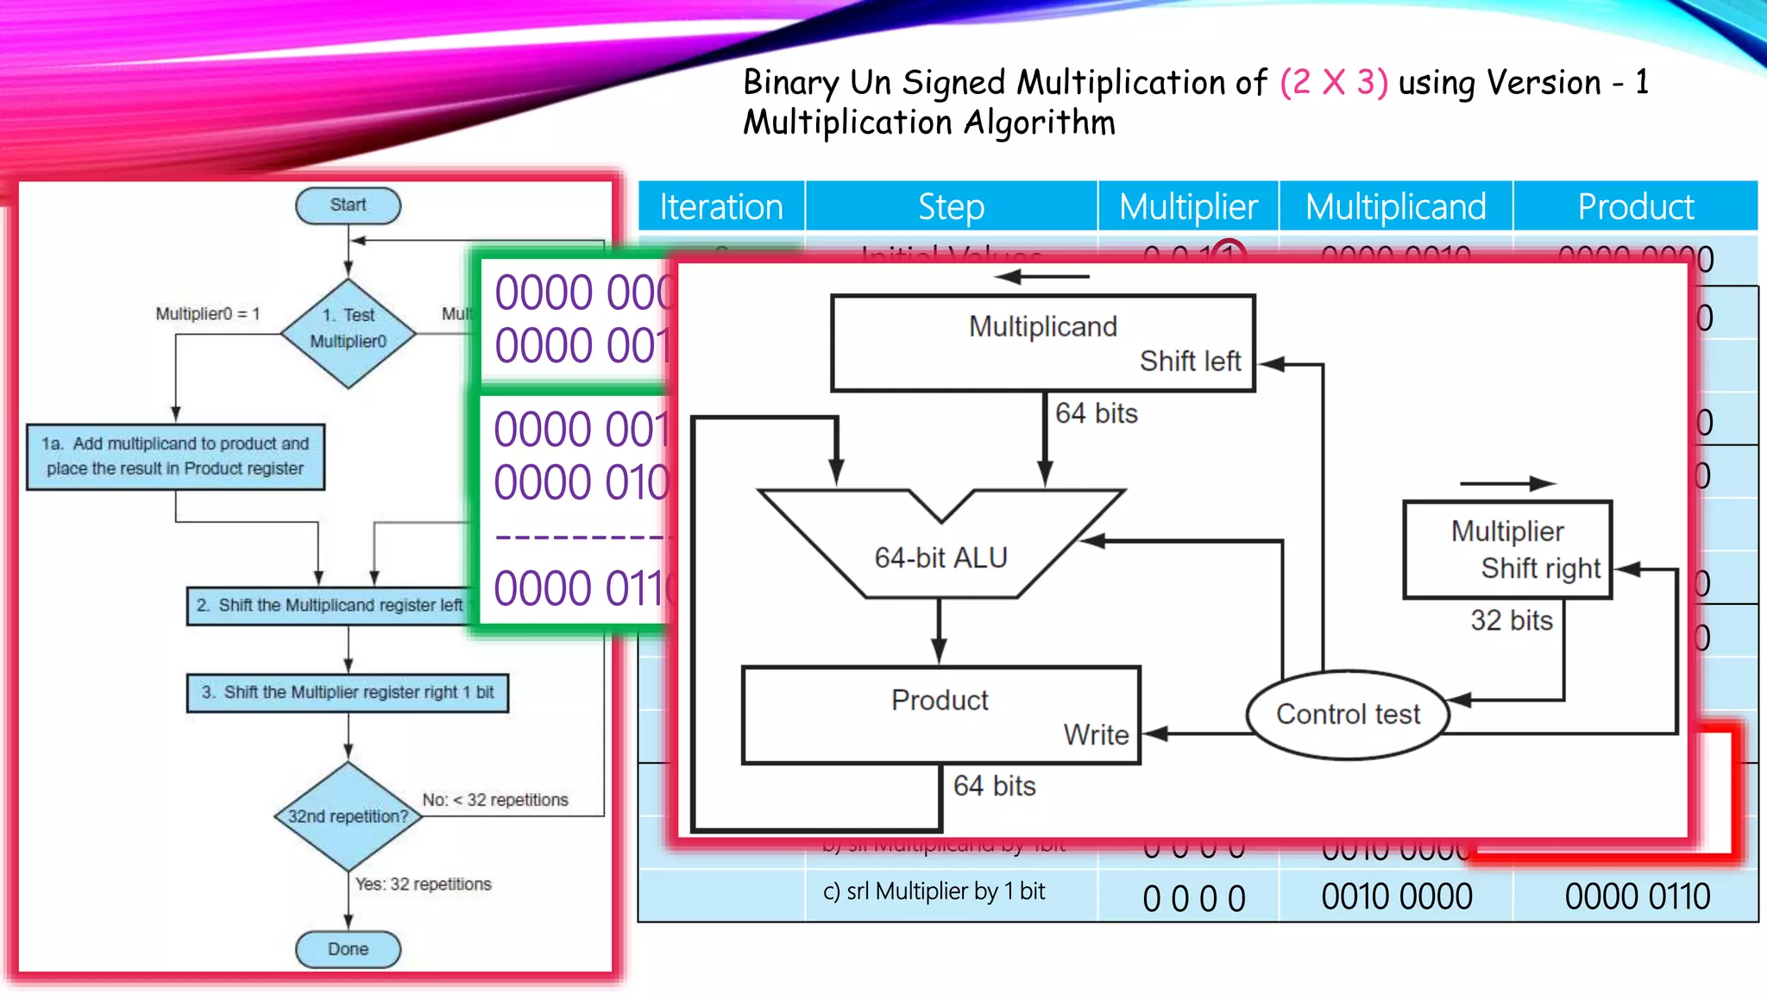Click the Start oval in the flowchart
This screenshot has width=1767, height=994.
click(x=348, y=205)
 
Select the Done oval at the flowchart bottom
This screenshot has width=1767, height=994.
click(x=348, y=949)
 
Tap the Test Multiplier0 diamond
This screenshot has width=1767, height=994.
click(x=348, y=332)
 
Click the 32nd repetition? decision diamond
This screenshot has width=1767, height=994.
click(x=348, y=816)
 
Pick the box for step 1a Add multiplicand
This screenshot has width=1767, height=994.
click(x=175, y=456)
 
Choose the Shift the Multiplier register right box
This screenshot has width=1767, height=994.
click(x=348, y=693)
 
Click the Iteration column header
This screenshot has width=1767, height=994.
click(x=721, y=207)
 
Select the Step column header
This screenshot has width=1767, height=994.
click(x=951, y=207)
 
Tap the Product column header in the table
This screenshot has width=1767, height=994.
click(x=1635, y=207)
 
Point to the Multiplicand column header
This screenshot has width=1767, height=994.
click(x=1395, y=207)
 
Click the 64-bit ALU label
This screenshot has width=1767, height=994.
click(x=940, y=558)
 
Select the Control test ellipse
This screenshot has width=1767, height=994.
click(x=1348, y=714)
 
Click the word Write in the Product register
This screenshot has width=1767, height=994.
click(x=1096, y=735)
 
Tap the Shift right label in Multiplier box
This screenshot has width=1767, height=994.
click(x=1540, y=569)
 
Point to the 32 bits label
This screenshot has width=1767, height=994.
click(x=1511, y=620)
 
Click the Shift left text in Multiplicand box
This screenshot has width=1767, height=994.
click(x=1190, y=361)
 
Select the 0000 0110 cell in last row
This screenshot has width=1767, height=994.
click(x=1637, y=896)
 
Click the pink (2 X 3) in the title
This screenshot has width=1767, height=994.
click(x=1334, y=83)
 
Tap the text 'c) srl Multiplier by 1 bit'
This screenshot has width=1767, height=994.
click(x=934, y=891)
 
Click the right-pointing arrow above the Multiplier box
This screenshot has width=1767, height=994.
click(x=1507, y=484)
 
